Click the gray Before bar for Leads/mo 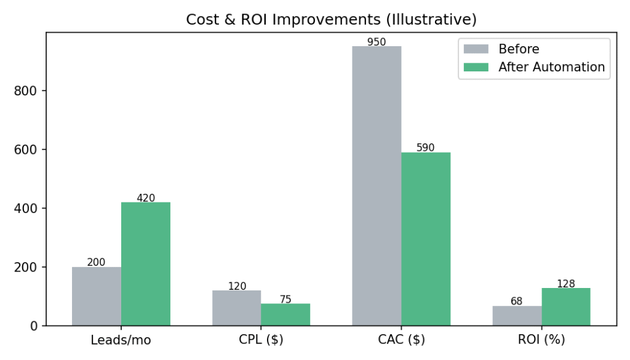tap(97, 296)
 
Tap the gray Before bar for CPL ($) tap(237, 308)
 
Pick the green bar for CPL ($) tap(285, 314)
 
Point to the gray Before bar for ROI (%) tap(517, 316)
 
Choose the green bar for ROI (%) tap(566, 306)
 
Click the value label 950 tap(376, 42)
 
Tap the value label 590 tap(425, 148)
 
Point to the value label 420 tap(146, 198)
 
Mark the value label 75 tap(285, 300)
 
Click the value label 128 tap(565, 284)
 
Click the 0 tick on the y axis tap(34, 326)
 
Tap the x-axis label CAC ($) tap(401, 340)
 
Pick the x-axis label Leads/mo tap(121, 340)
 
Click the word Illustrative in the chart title tap(430, 20)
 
